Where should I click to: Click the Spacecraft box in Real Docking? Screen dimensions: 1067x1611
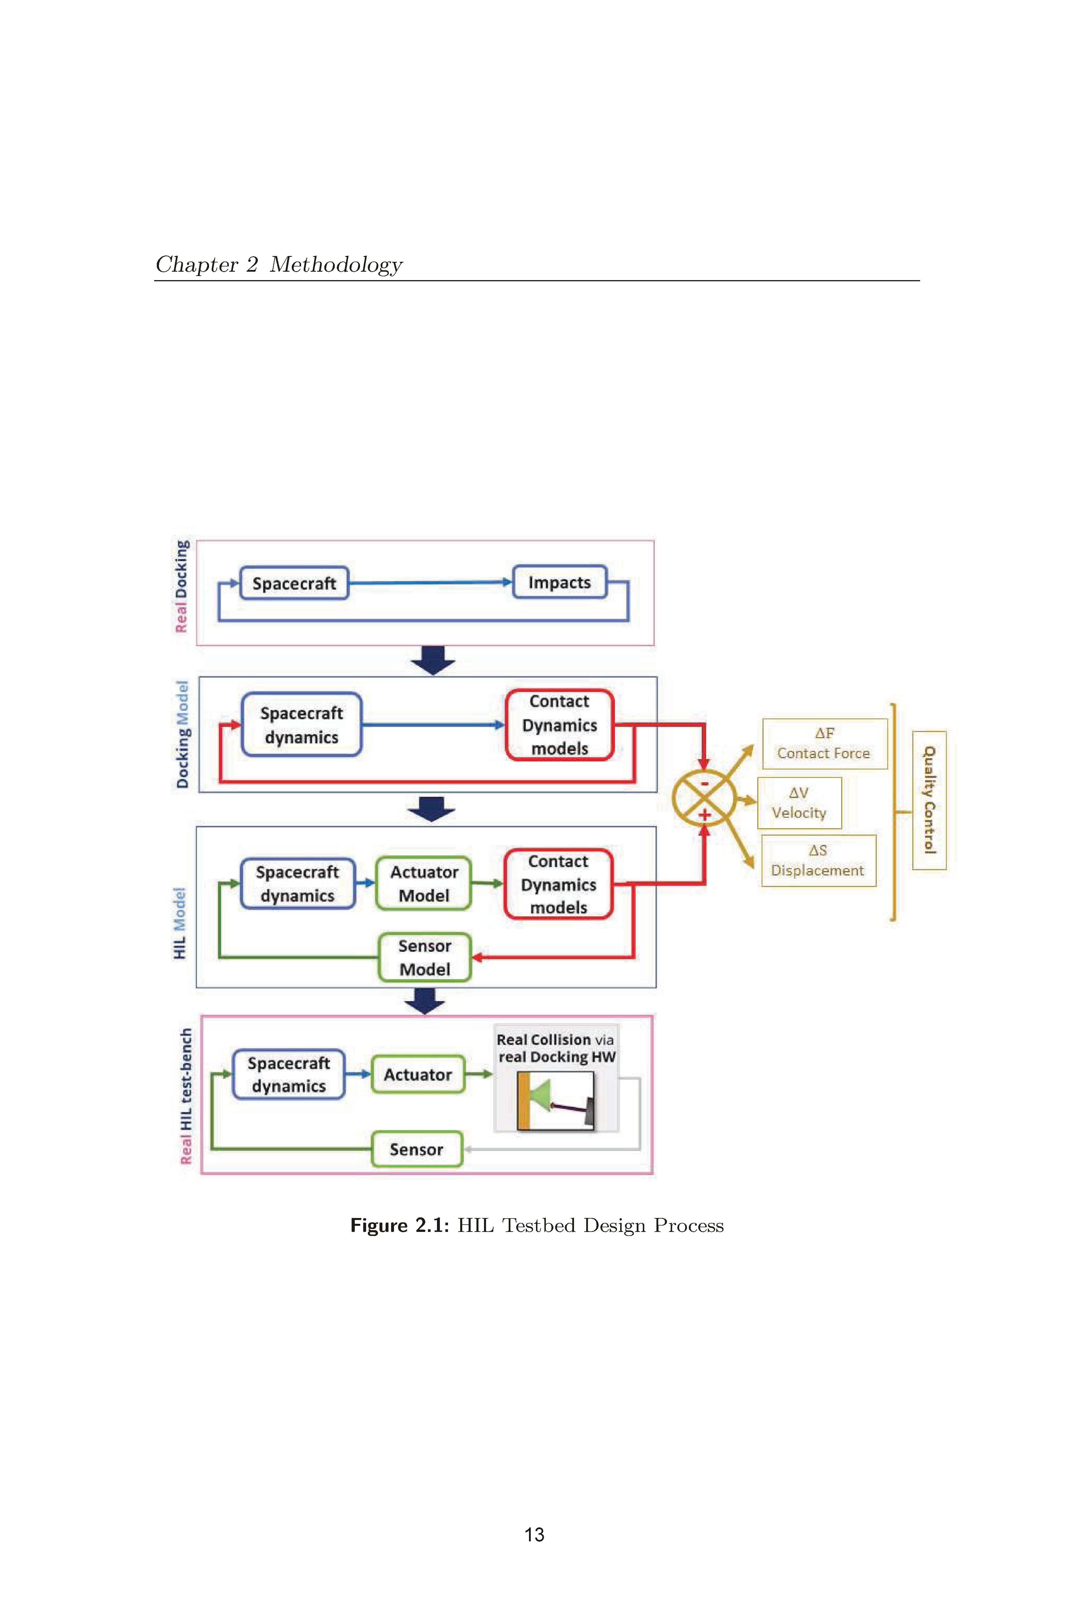(x=294, y=583)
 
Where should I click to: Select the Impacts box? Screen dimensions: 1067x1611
(x=559, y=582)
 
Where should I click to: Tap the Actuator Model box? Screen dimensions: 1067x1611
(x=423, y=883)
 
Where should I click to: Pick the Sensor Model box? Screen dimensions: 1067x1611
(x=424, y=957)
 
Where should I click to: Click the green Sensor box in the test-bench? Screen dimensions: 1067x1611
(x=416, y=1149)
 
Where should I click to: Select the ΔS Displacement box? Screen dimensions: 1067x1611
(x=818, y=861)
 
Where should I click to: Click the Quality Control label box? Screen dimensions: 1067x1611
(x=929, y=800)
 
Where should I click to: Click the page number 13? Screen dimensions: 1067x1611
(x=534, y=1534)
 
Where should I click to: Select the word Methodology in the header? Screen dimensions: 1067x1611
(x=336, y=265)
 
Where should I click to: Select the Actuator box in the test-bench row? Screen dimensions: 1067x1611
(x=418, y=1074)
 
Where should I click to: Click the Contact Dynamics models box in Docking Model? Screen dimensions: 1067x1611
(x=559, y=725)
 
